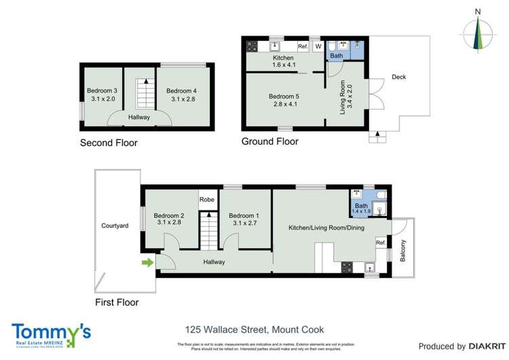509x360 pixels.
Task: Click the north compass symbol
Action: tap(480, 32)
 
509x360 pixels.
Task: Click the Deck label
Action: tap(399, 77)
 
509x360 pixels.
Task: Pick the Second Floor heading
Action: tap(109, 143)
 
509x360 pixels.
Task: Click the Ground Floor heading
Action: tap(269, 142)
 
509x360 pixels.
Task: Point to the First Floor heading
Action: tap(116, 302)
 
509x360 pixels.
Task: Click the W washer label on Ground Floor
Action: tap(316, 46)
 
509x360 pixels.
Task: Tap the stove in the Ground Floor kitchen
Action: tap(252, 46)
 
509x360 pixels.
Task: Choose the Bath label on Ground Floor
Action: tap(337, 56)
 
